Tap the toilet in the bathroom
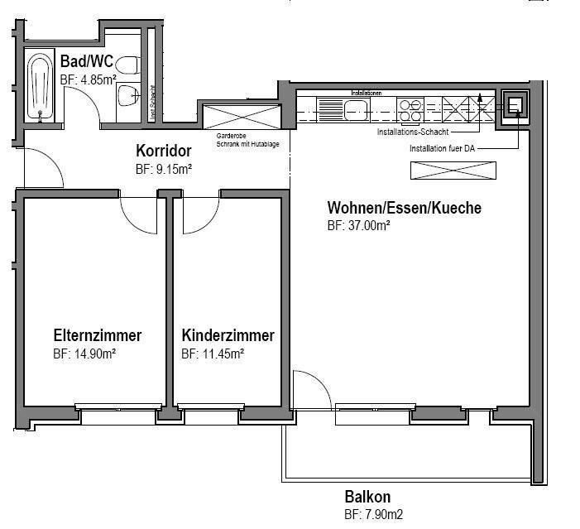click(127, 65)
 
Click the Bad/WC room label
click(86, 61)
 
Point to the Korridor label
click(164, 151)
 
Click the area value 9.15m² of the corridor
click(164, 168)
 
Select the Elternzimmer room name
click(97, 335)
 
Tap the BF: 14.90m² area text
click(84, 353)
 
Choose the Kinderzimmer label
click(228, 335)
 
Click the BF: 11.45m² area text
click(212, 353)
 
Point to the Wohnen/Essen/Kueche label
click(404, 207)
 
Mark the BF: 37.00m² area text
click(358, 225)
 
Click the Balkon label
click(367, 497)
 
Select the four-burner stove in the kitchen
click(409, 108)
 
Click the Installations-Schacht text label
click(413, 132)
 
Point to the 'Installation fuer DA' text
click(443, 149)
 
